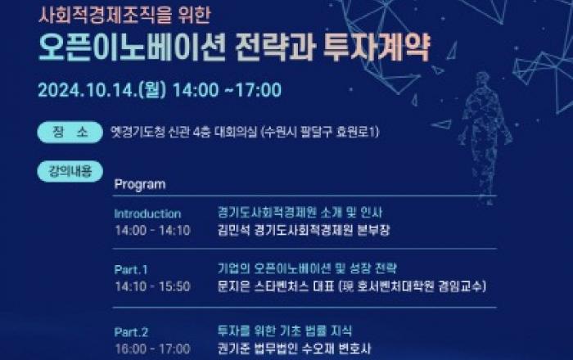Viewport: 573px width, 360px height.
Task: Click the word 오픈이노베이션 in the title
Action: click(132, 48)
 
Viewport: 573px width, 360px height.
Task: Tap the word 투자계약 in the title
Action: click(377, 48)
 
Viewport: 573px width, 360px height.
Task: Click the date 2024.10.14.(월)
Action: click(102, 90)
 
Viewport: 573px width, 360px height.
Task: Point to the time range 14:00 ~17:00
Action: click(227, 90)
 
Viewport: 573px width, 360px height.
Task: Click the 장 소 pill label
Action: click(70, 132)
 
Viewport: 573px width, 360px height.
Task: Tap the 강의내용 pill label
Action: click(70, 171)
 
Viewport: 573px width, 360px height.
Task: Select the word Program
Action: click(140, 184)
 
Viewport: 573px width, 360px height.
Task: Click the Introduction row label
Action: click(147, 214)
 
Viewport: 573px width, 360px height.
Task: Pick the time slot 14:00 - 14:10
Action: click(153, 231)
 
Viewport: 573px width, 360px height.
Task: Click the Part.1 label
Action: click(131, 269)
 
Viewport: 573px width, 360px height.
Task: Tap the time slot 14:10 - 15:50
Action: click(153, 286)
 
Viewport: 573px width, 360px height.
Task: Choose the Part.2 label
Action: click(131, 332)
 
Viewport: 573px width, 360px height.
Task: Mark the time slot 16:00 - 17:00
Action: click(153, 349)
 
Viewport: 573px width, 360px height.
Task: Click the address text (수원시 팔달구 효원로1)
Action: click(320, 132)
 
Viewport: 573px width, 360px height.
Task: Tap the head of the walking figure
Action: click(482, 79)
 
